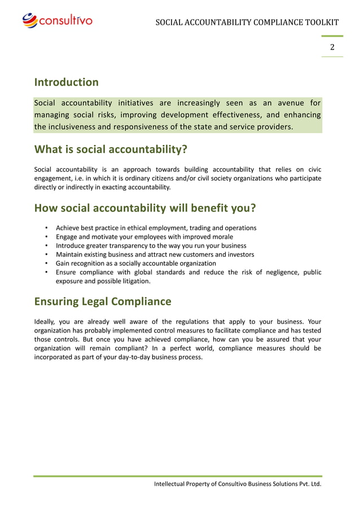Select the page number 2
tap(332, 47)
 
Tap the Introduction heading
tap(67, 82)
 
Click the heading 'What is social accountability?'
tap(111, 150)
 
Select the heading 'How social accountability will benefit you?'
tap(145, 208)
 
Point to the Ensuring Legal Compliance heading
tap(103, 301)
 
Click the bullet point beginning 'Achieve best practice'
tap(156, 228)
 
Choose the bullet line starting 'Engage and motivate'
tap(144, 237)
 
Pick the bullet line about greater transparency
tap(151, 245)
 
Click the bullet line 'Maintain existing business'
tap(155, 254)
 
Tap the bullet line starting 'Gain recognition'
tap(135, 263)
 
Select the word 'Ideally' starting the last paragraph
tap(45, 322)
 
